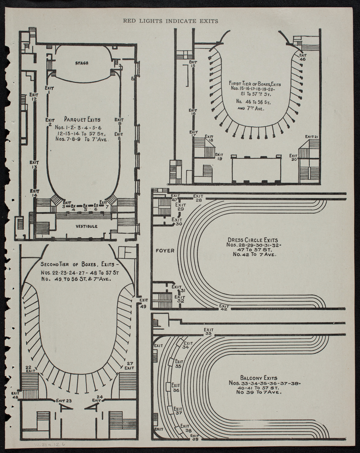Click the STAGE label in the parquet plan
coord(82,63)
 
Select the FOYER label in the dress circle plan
coord(165,250)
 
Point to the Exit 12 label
coord(34,97)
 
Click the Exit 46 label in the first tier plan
coord(303,57)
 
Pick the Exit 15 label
coord(193,64)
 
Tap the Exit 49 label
coord(144,302)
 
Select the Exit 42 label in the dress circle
coord(224,307)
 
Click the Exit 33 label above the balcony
coord(208,332)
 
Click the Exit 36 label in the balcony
coord(176,388)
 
